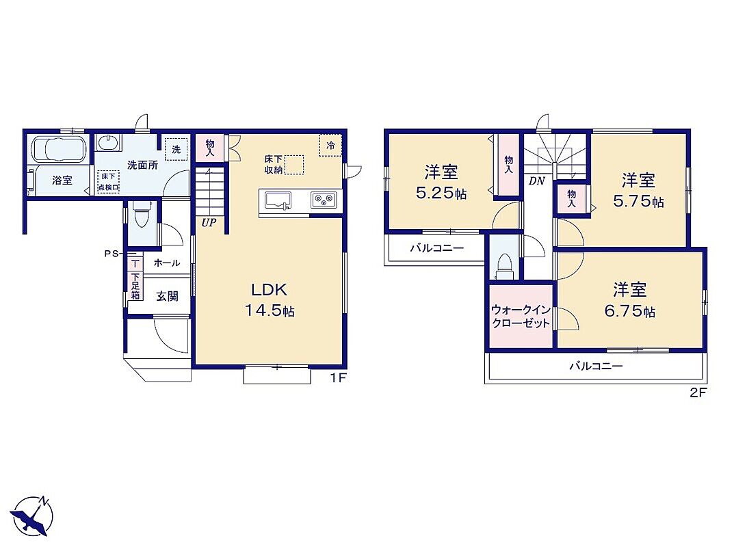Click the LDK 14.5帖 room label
270,300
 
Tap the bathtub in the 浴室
59,149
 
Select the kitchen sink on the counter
278,200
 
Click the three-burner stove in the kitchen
324,200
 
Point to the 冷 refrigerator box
330,145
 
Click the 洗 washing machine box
176,149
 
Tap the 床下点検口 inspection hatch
108,182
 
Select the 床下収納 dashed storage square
294,165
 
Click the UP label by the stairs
209,223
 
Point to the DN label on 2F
536,181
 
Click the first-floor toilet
140,214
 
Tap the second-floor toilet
505,266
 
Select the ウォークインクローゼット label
521,317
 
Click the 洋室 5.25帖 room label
441,183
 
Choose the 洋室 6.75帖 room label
629,300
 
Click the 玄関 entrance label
167,296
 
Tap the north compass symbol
32,516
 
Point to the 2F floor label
698,393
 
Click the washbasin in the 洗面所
109,142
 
